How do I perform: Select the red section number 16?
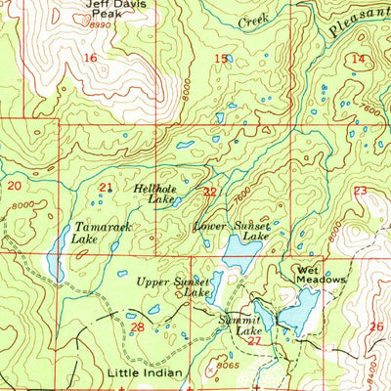coord(90,60)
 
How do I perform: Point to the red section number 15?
coord(220,60)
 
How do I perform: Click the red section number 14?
coord(359,60)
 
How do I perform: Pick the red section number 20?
coord(14,185)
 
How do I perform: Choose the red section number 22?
coord(209,192)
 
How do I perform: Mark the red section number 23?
coord(360,191)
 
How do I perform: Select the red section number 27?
coord(254,341)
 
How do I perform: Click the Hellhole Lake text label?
coord(169,193)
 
